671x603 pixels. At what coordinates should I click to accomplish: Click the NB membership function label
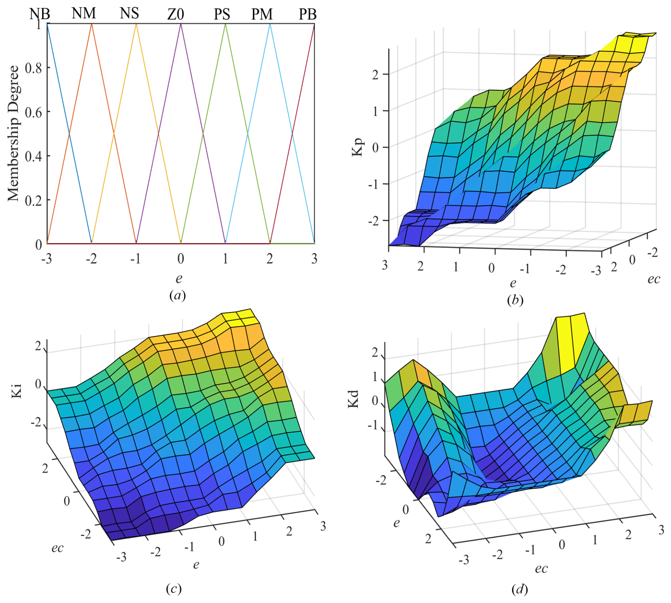(39, 14)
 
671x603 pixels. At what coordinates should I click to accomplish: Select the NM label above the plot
(84, 13)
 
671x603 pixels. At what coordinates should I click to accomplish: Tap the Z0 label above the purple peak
(176, 15)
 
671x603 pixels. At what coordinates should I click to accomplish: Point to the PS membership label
(222, 15)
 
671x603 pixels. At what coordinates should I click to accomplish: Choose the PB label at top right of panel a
(307, 15)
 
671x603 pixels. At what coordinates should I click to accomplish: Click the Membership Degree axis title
(13, 133)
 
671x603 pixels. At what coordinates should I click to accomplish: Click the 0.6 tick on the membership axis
(33, 112)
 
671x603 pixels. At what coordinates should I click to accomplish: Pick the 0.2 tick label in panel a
(33, 201)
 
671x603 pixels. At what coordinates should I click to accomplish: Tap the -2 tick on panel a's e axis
(91, 259)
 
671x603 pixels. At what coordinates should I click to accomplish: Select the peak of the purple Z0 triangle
(181, 24)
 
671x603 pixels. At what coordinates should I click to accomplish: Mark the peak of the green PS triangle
(225, 24)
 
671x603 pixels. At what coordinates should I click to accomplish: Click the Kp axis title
(357, 147)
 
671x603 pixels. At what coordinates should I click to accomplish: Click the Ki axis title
(16, 391)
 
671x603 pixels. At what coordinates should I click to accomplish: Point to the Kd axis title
(353, 399)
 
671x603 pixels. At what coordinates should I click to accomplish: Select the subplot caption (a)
(177, 295)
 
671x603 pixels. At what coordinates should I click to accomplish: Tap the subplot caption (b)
(515, 300)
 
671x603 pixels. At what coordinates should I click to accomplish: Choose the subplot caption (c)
(173, 589)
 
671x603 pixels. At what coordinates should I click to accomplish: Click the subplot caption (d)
(520, 590)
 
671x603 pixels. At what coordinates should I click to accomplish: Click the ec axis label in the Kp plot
(653, 279)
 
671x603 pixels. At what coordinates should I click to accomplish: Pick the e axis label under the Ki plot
(196, 564)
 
